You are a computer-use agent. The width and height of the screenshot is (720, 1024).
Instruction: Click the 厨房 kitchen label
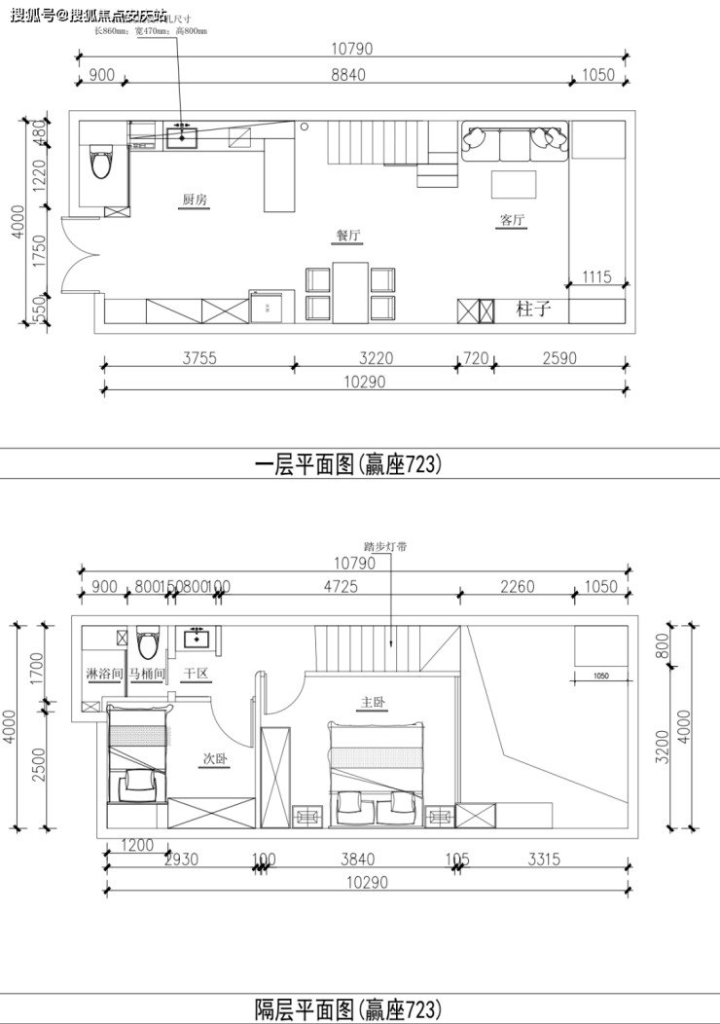[194, 200]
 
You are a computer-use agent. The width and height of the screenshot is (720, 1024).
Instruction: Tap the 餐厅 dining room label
[349, 235]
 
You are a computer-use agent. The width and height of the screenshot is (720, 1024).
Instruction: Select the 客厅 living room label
[512, 220]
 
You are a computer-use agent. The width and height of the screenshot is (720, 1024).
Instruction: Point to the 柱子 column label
[534, 310]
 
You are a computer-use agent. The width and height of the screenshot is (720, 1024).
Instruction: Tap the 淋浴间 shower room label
[103, 674]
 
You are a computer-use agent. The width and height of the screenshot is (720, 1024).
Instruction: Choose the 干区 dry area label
[197, 674]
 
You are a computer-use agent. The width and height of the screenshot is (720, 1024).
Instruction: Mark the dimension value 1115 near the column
[596, 277]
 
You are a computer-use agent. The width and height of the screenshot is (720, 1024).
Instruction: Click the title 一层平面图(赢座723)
[347, 464]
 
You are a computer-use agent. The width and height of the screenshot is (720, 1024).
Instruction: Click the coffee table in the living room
[513, 184]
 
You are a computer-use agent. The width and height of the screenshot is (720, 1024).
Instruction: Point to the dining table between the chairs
[349, 291]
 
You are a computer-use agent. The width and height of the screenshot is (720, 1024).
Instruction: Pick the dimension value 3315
[544, 859]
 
